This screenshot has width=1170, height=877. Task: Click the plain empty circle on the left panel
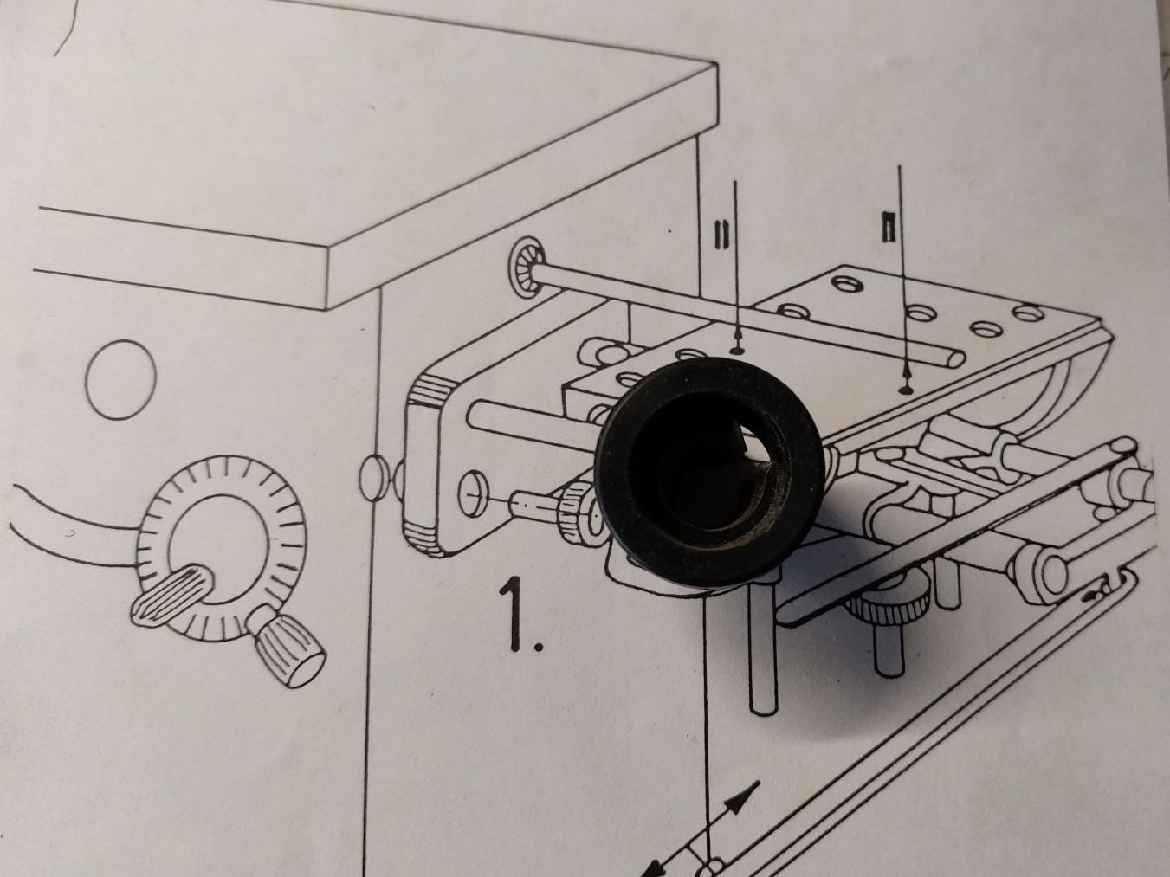[121, 379]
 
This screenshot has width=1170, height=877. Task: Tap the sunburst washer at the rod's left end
[527, 263]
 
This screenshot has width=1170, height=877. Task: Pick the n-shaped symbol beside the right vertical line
[888, 228]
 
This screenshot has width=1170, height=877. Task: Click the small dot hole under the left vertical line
[737, 350]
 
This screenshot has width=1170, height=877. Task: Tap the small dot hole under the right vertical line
[904, 390]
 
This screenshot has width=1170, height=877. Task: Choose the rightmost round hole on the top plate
[1028, 313]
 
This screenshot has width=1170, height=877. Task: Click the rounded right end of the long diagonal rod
[953, 359]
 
